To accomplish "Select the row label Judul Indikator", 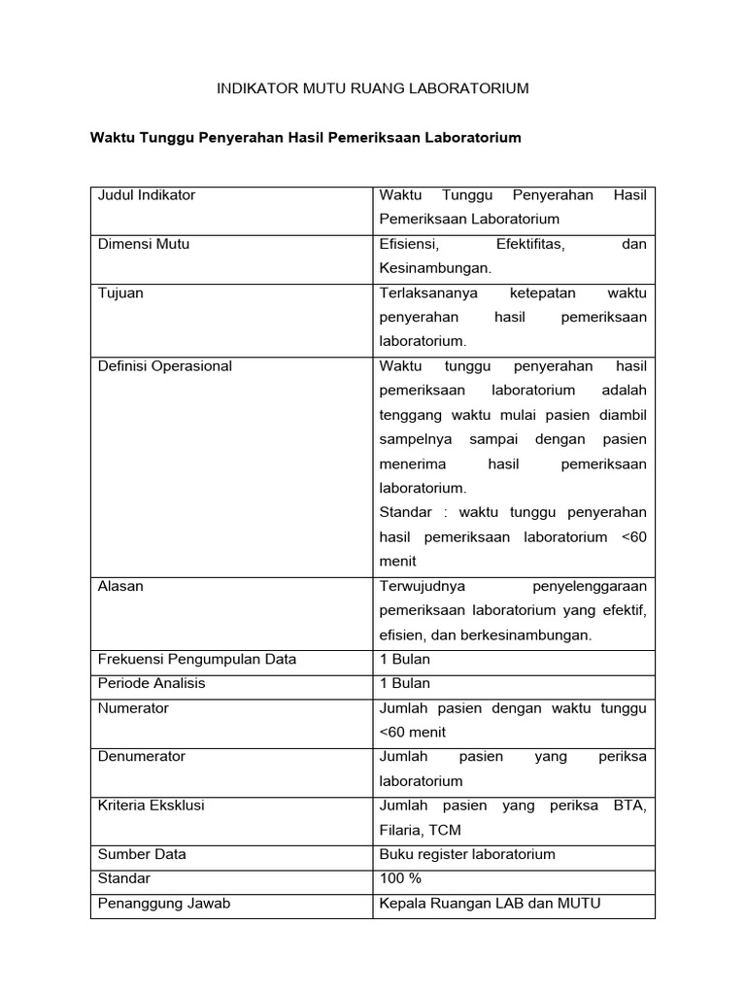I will click(147, 195).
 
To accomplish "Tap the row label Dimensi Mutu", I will click(144, 244).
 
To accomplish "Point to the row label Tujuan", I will click(120, 292).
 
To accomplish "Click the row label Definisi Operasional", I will click(165, 366).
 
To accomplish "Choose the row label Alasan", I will click(120, 586).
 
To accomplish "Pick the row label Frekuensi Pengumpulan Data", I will click(197, 659).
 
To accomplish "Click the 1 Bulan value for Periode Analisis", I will click(405, 683).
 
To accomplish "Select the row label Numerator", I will click(133, 708).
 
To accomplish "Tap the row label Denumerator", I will click(142, 757).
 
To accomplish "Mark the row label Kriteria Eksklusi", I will click(152, 806).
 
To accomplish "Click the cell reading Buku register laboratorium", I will click(467, 854).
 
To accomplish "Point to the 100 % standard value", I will click(400, 878).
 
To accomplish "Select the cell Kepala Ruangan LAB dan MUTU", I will click(490, 903).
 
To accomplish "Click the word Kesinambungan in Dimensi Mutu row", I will click(434, 268).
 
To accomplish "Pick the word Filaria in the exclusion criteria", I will click(401, 830).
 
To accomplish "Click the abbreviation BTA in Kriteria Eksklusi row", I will click(631, 806).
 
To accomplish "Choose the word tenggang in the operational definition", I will click(408, 415).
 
